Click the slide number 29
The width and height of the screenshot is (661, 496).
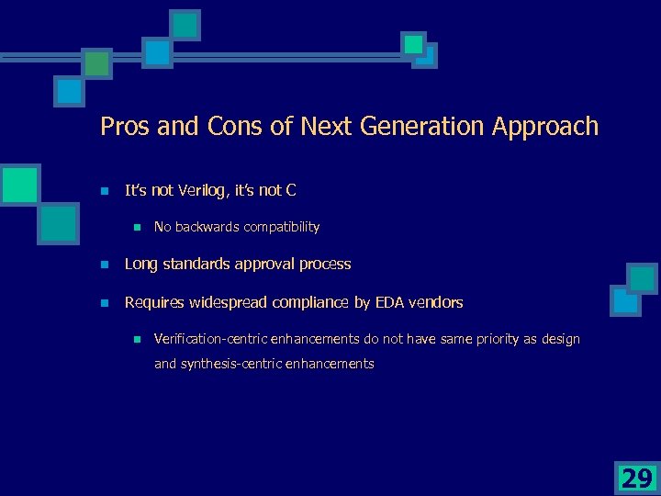pyautogui.click(x=636, y=478)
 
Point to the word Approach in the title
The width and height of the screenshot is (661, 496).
pyautogui.click(x=544, y=127)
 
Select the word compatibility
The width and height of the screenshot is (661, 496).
pyautogui.click(x=279, y=226)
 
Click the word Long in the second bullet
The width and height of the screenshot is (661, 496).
pyautogui.click(x=140, y=264)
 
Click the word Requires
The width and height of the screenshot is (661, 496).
pyautogui.click(x=154, y=302)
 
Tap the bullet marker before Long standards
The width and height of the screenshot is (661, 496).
pyautogui.click(x=105, y=265)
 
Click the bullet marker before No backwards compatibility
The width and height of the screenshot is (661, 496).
pyautogui.click(x=135, y=227)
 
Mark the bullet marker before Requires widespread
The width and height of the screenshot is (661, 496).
pyautogui.click(x=105, y=303)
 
